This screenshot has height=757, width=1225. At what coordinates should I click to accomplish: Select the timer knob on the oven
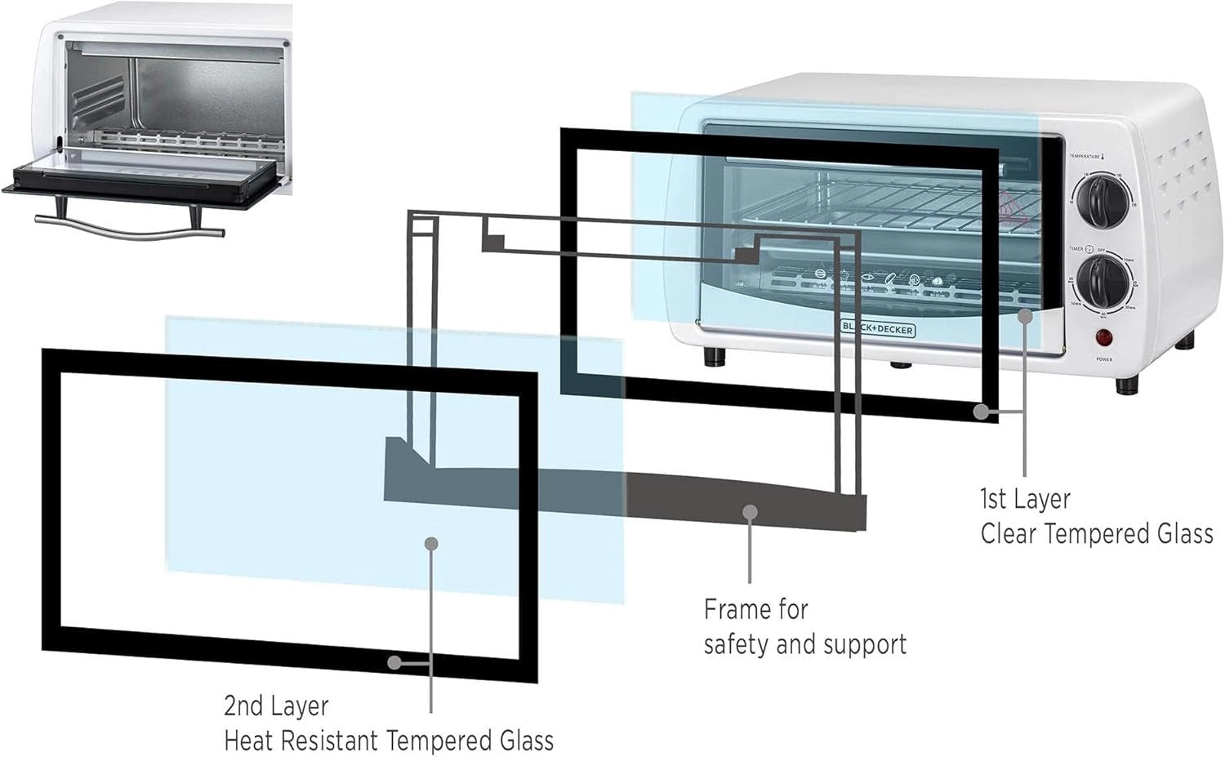(x=1099, y=281)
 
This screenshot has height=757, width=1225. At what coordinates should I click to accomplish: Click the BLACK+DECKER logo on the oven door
(x=878, y=328)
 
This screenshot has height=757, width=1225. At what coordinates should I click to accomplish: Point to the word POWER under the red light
(x=1104, y=359)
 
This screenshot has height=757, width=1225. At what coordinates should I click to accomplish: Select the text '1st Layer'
(x=1025, y=498)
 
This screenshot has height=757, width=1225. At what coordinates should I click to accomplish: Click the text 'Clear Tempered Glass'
(x=1096, y=534)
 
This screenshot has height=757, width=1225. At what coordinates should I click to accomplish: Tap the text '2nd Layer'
(x=276, y=706)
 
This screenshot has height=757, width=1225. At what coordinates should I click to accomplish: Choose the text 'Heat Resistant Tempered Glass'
(x=389, y=741)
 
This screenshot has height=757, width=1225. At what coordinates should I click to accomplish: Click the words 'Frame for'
(x=755, y=609)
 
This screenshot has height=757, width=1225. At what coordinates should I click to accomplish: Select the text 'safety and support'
(x=804, y=644)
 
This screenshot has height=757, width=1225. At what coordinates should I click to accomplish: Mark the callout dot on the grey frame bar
(x=751, y=512)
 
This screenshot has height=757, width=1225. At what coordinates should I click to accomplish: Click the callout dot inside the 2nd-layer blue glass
(x=432, y=543)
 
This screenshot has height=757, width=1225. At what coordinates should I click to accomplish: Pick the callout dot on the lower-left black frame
(x=394, y=662)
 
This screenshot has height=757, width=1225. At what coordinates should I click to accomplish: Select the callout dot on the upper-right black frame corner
(x=982, y=412)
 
